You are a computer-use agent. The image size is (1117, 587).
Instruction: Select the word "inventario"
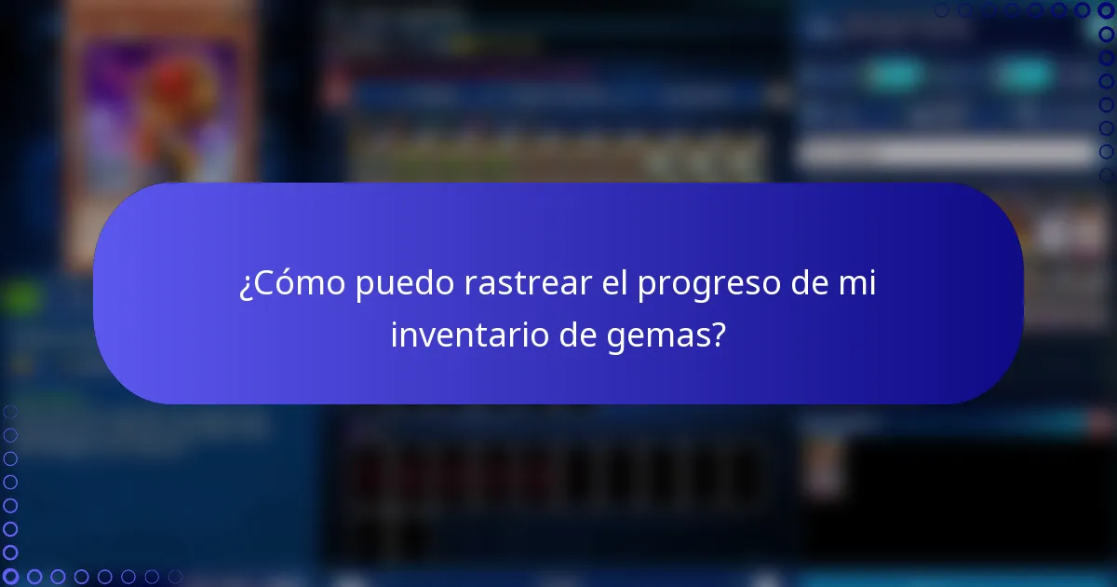pos(469,335)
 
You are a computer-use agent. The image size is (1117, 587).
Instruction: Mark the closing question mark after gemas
pos(718,335)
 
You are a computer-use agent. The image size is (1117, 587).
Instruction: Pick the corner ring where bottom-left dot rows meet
pos(10,577)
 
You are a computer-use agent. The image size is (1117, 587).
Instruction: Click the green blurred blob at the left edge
pos(20,298)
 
